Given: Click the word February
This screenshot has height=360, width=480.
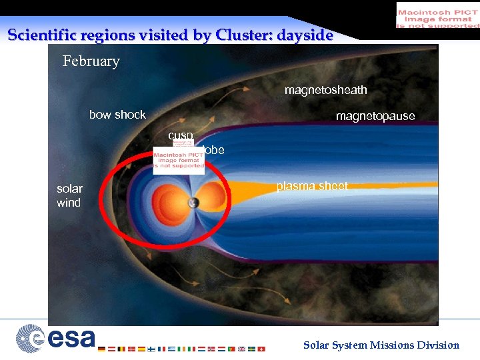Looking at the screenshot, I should click(91, 61).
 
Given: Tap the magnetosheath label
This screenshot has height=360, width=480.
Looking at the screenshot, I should click(325, 90).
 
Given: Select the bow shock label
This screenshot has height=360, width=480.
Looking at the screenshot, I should click(117, 115).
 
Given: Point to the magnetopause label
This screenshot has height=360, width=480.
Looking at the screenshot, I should click(375, 117).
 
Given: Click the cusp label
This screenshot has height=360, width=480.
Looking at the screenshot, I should click(180, 135).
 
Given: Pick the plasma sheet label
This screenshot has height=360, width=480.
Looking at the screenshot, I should click(312, 187).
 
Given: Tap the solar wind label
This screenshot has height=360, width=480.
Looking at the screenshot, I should click(69, 196).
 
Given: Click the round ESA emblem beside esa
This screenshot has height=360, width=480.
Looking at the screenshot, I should click(30, 338).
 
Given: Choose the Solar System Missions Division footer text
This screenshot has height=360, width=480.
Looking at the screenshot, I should click(381, 345).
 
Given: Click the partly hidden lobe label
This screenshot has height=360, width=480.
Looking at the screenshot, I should click(215, 151).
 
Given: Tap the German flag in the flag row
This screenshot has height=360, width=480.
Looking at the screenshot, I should click(101, 349).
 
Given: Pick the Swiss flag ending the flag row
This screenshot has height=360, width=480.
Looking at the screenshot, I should click(261, 349).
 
